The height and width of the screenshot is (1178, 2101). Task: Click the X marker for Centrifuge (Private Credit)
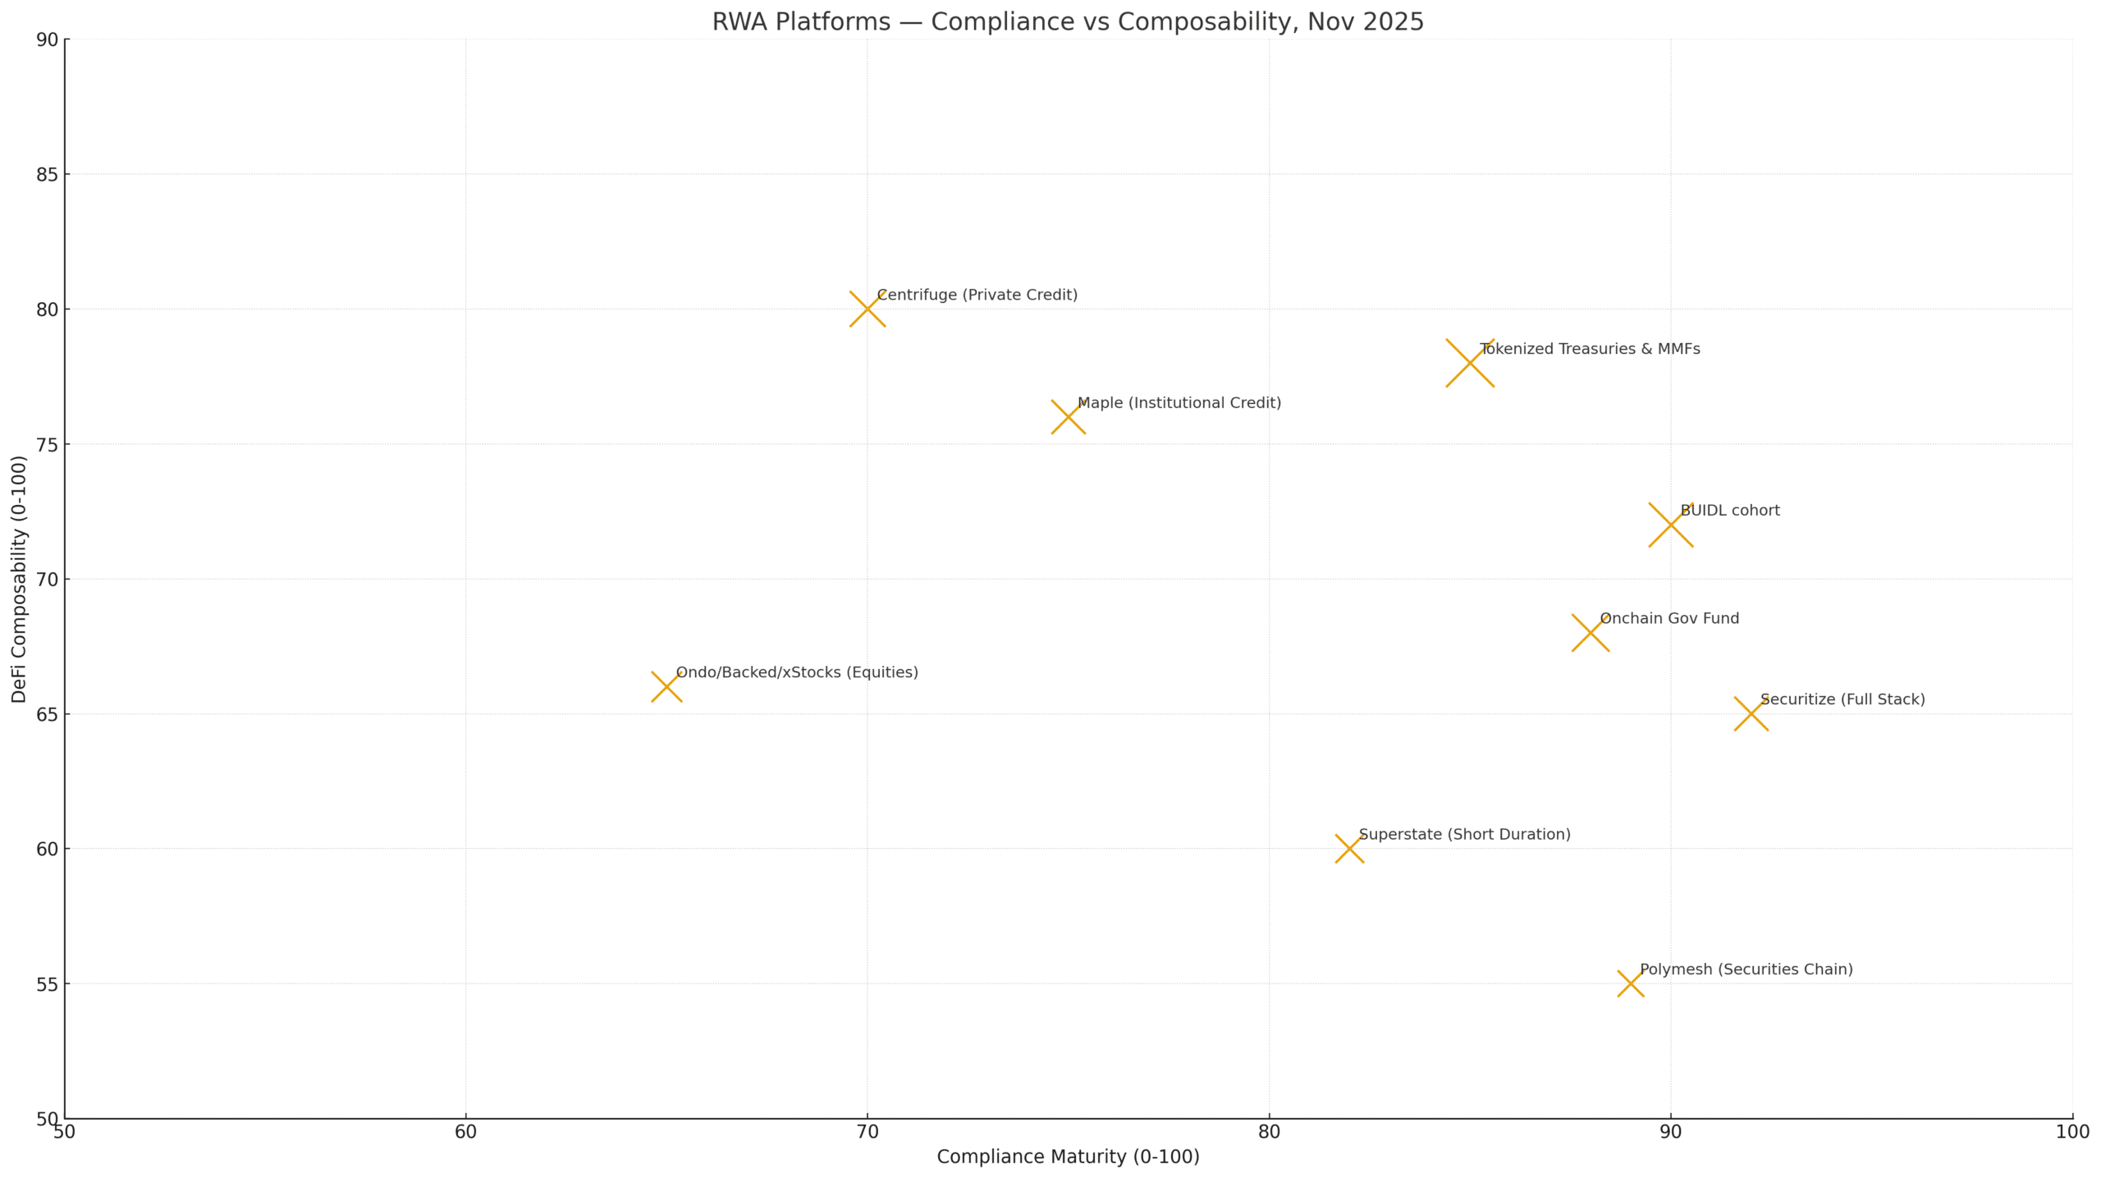867,309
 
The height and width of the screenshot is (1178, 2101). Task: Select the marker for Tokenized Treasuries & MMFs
1470,363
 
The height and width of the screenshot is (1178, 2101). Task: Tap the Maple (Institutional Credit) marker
1068,417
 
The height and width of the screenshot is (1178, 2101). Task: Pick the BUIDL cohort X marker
1670,525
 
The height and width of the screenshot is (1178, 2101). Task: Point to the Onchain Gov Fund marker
1591,633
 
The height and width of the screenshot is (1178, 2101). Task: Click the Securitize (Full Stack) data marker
1751,713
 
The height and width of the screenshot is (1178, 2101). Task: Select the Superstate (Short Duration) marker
1349,849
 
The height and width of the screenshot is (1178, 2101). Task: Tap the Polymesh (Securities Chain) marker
1631,983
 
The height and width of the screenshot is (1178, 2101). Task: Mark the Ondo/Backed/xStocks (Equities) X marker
666,686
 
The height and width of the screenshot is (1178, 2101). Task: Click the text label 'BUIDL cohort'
1730,511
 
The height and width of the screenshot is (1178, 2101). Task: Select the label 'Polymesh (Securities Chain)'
1746,969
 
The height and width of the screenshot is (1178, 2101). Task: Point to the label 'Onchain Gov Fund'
1669,619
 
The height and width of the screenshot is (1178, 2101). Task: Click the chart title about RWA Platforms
1068,22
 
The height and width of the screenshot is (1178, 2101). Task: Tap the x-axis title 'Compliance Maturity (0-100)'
1068,1157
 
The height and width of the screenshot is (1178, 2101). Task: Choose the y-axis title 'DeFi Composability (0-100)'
19,579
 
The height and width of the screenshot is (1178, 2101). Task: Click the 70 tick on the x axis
867,1132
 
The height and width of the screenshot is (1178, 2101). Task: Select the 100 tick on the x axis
2072,1132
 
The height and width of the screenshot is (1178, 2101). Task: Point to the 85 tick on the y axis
48,175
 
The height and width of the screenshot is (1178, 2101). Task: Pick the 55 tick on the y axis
48,983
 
